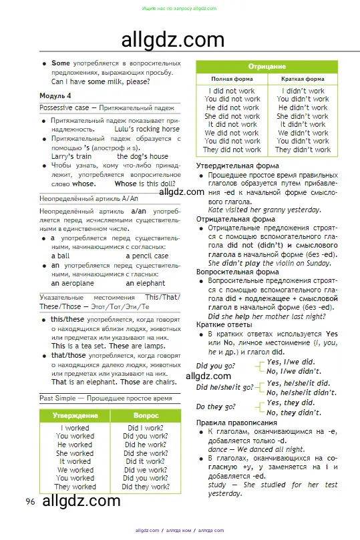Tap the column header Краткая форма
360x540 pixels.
[303, 79]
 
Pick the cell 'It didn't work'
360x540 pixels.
[303, 124]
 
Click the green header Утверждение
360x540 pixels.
[75, 415]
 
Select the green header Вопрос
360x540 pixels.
[146, 415]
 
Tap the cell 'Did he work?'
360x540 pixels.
[146, 445]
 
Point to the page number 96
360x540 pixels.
[30, 501]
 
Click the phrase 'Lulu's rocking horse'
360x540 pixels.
[147, 129]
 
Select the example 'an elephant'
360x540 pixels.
[145, 283]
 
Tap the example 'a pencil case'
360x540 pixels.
[147, 256]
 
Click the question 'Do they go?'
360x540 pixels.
[216, 407]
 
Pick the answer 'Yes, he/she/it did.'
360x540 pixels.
[298, 383]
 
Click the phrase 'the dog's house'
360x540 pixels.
[142, 156]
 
